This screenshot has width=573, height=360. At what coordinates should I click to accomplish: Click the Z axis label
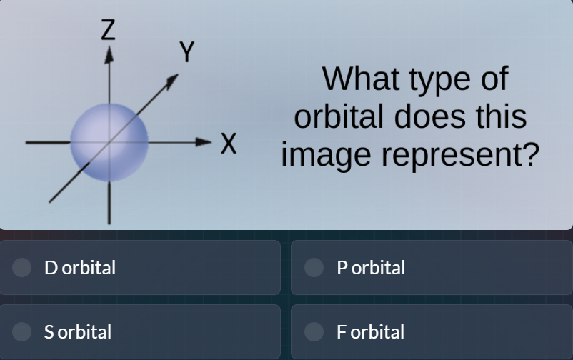point(108,30)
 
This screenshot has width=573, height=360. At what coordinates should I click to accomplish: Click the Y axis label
point(186,52)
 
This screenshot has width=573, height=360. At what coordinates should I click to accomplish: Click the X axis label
point(227,143)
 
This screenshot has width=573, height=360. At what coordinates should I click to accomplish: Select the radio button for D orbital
point(22,267)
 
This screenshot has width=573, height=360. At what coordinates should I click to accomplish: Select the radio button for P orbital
point(314,267)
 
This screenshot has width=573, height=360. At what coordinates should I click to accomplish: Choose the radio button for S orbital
point(22,331)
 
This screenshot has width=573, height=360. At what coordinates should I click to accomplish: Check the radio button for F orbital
point(314,331)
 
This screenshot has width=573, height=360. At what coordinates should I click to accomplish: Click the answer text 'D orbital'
point(80,268)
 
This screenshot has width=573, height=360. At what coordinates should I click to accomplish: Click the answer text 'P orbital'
point(371,268)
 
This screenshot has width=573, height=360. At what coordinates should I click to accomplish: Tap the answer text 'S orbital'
point(78,332)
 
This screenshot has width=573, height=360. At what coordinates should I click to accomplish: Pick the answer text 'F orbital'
point(371,332)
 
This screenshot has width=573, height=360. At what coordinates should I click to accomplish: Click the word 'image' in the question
point(325,156)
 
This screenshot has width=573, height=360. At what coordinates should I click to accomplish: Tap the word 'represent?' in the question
point(459,156)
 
